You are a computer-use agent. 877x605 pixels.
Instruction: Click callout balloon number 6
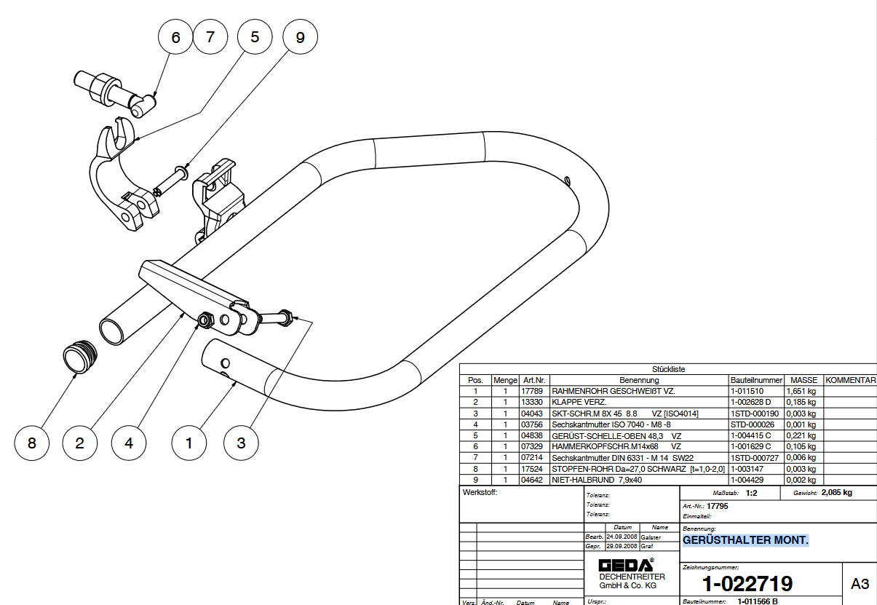[175, 37]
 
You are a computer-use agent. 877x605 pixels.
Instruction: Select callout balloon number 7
[211, 37]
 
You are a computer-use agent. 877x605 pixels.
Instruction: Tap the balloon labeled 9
[301, 37]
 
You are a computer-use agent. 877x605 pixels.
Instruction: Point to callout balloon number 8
[32, 443]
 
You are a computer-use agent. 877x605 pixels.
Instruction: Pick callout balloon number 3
[242, 443]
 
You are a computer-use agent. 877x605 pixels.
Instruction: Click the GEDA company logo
[625, 565]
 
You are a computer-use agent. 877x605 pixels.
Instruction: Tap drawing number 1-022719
[747, 583]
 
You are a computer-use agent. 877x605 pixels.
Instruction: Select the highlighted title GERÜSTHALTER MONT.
[745, 540]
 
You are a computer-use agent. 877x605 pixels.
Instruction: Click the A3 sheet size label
[860, 584]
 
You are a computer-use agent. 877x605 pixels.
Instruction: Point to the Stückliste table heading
[669, 369]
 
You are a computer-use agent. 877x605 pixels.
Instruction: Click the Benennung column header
[639, 380]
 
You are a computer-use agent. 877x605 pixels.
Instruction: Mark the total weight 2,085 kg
[836, 493]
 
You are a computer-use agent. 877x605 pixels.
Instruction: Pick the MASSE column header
[804, 380]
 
